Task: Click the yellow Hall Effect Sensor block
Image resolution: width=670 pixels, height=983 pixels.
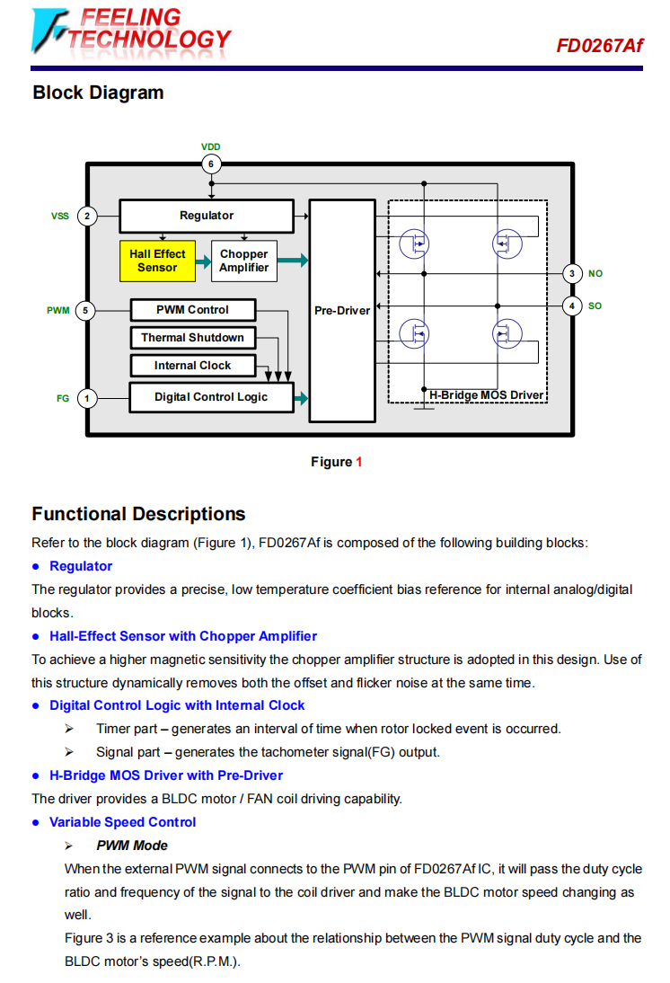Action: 157,261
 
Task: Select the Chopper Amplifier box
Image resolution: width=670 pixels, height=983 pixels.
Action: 244,261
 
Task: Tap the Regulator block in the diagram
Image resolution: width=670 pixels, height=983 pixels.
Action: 207,216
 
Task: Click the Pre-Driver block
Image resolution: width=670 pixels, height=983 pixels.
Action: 342,311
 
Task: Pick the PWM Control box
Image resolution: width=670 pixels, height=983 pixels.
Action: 192,310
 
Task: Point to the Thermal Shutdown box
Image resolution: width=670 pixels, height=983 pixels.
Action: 192,338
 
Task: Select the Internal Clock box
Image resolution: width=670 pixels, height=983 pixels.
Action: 192,366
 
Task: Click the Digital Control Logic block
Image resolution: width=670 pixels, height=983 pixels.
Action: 211,397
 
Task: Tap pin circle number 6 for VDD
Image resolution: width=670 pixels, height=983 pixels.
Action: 211,164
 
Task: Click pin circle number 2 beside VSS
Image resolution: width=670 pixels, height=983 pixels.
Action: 87,216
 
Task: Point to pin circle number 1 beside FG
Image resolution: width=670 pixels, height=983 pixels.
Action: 87,397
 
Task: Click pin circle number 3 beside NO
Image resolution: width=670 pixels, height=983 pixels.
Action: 572,273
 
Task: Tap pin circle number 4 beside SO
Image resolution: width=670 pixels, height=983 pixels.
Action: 572,306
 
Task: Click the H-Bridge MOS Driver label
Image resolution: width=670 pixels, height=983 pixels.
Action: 486,395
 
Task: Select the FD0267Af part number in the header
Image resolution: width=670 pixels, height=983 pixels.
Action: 599,45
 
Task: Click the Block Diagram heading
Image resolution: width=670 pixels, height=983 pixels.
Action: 98,93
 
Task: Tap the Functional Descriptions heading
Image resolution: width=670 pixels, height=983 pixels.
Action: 138,514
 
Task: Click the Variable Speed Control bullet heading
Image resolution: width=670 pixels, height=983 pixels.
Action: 122,822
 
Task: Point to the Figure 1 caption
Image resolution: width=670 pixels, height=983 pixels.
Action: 336,462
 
